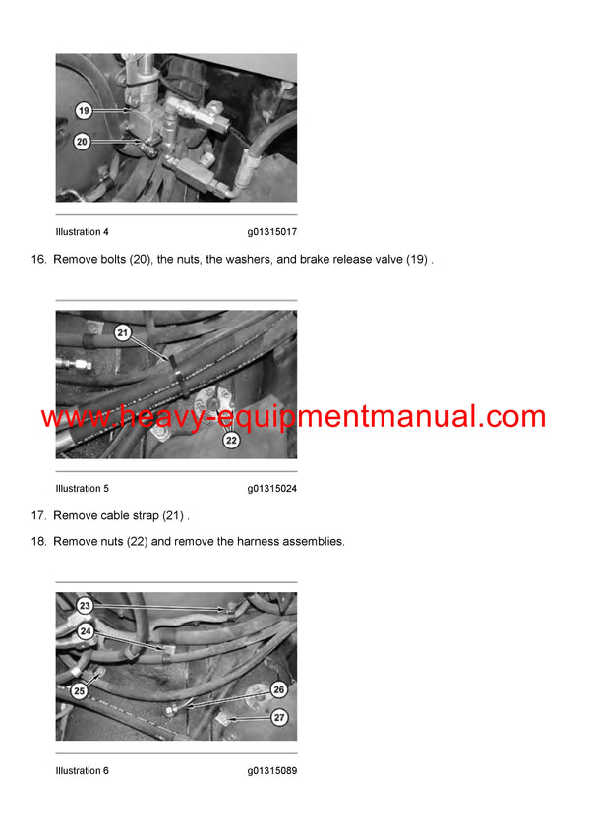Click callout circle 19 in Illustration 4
(84, 111)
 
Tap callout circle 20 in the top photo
(83, 142)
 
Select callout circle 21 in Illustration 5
(123, 332)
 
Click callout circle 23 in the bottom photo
(85, 606)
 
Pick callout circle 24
(87, 631)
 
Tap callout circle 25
(80, 691)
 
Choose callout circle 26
(278, 689)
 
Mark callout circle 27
(279, 717)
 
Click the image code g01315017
(272, 232)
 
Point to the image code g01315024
(272, 489)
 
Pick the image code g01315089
(272, 771)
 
